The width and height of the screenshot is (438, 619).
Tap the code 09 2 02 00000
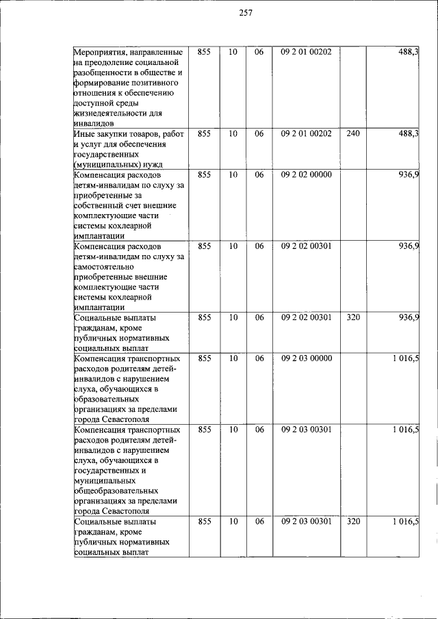[306, 174]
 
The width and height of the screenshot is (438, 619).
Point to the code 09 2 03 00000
[306, 358]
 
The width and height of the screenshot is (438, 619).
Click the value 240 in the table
[352, 133]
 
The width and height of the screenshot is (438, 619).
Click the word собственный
[98, 205]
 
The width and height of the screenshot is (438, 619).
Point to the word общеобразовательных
[116, 490]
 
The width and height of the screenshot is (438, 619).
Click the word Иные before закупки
[85, 134]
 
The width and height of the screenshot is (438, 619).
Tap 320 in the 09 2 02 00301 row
[352, 317]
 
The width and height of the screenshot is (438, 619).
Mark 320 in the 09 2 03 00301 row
[352, 522]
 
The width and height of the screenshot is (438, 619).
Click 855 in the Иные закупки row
[204, 133]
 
